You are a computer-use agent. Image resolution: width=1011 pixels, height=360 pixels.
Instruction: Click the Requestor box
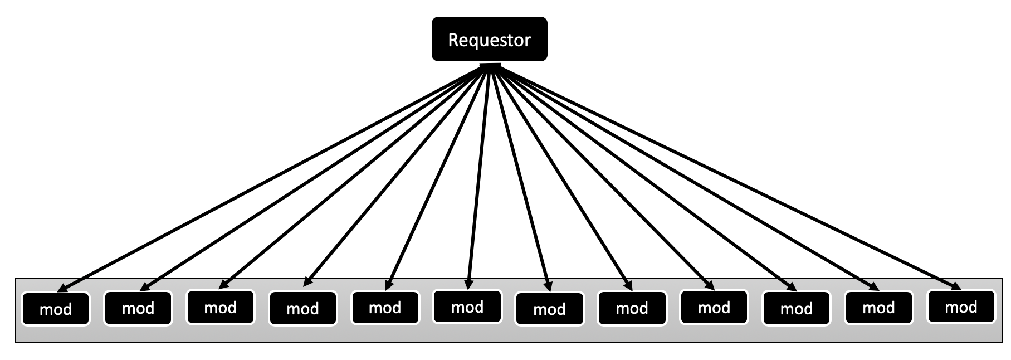(x=489, y=39)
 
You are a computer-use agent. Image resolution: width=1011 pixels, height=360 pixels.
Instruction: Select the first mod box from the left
(x=56, y=308)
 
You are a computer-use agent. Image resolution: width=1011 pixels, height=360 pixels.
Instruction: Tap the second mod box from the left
(x=138, y=308)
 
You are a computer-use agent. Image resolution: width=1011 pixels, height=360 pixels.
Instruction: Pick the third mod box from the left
(x=220, y=307)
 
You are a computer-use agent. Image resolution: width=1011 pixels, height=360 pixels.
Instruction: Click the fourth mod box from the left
(x=302, y=308)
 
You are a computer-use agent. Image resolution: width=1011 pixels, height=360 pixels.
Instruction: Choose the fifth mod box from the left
(x=385, y=308)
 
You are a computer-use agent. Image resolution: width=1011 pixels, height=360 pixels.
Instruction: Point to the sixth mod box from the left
(x=467, y=307)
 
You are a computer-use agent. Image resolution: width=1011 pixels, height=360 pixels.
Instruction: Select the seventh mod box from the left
(x=549, y=309)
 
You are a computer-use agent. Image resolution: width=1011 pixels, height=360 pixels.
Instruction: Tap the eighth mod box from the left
(x=632, y=308)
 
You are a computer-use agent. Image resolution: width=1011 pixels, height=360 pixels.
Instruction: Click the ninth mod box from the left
(x=714, y=307)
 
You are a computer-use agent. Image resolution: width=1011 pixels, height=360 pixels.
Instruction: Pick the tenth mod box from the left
(x=796, y=308)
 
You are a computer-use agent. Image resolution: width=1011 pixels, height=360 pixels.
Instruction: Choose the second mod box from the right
(x=878, y=308)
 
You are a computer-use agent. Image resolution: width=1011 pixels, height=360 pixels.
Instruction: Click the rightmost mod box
(x=961, y=307)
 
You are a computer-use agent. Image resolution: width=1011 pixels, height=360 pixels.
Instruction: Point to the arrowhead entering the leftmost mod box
(x=63, y=287)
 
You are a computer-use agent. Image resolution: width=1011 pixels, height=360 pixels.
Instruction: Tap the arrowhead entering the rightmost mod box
(x=955, y=286)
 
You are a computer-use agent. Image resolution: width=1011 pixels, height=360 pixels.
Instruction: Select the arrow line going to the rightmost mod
(x=724, y=178)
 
